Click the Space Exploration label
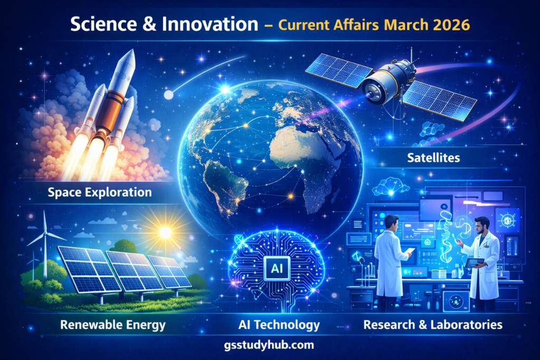tap(100, 192)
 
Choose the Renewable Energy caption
tap(113, 324)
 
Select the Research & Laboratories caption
tap(432, 324)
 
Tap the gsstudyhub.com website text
tap(269, 345)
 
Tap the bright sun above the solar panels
tap(166, 232)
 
